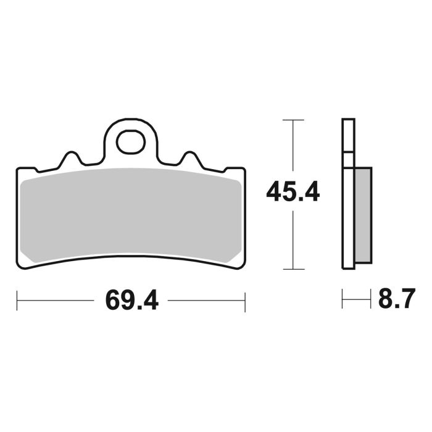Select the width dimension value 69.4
(x=131, y=302)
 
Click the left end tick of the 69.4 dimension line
(x=17, y=302)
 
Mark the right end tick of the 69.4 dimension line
(x=245, y=302)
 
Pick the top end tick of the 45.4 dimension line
(x=293, y=118)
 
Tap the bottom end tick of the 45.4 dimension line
(x=293, y=269)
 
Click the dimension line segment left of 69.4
(x=56, y=302)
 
